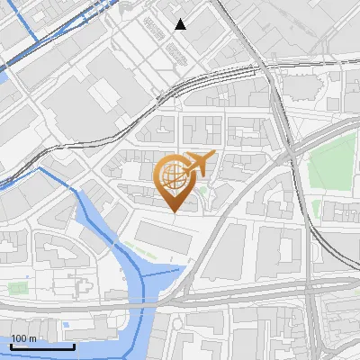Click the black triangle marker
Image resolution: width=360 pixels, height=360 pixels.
click(181, 24)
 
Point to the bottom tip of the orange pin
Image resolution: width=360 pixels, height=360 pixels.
click(174, 212)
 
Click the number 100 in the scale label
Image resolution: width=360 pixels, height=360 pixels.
click(19, 338)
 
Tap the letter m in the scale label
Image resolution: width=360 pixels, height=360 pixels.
click(32, 338)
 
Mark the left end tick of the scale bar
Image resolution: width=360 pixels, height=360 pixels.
click(11, 345)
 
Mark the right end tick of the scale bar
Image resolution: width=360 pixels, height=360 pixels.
click(75, 345)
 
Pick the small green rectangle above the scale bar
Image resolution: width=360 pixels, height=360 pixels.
click(18, 288)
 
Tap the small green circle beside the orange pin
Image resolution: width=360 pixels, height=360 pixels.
click(204, 191)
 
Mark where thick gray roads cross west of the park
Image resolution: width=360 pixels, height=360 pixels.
click(287, 154)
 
